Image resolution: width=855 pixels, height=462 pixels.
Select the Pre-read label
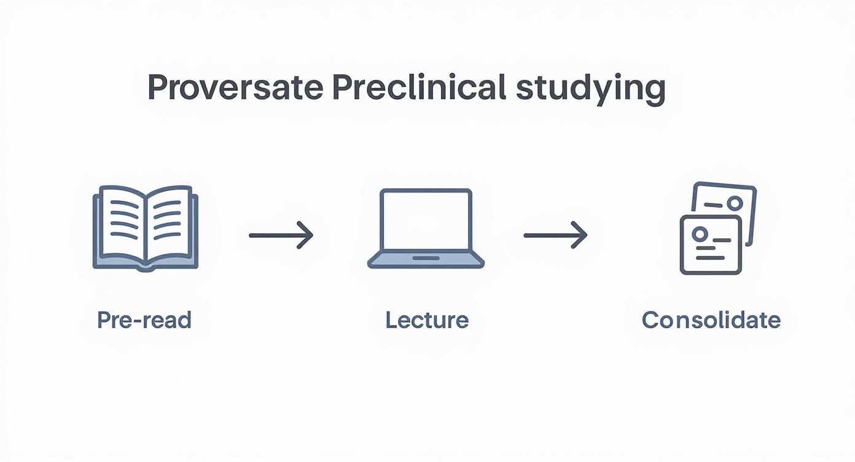point(144,320)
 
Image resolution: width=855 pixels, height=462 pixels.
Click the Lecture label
point(427,320)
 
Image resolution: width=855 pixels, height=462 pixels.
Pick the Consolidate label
point(711,320)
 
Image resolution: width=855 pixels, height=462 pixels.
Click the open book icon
point(145,228)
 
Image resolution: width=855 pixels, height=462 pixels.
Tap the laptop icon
point(426,229)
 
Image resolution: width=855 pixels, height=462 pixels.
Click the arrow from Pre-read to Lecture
point(281,235)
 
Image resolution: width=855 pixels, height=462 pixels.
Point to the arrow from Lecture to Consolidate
point(555,235)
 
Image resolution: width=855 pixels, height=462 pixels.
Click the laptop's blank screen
point(426,222)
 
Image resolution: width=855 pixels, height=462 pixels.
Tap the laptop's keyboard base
point(426,261)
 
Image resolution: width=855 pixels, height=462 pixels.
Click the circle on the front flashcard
point(698,234)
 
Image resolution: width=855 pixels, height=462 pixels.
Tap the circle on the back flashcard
point(735,203)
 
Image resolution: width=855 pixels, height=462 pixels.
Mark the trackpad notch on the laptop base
point(426,258)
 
